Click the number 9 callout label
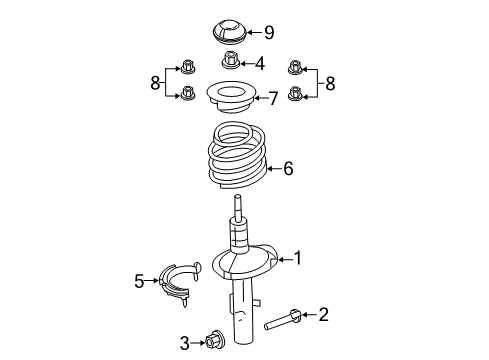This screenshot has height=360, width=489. click(x=268, y=31)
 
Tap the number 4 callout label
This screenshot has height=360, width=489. click(x=259, y=64)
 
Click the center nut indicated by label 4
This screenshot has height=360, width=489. click(x=231, y=61)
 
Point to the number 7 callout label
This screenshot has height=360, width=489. click(x=271, y=98)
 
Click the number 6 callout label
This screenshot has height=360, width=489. click(x=287, y=169)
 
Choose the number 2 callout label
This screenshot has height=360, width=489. click(x=322, y=316)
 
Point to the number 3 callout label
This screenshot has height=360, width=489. click(x=184, y=344)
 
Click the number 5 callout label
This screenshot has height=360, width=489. click(x=139, y=282)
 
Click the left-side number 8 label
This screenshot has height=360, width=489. click(x=155, y=83)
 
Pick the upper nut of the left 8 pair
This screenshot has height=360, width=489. click(x=187, y=68)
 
